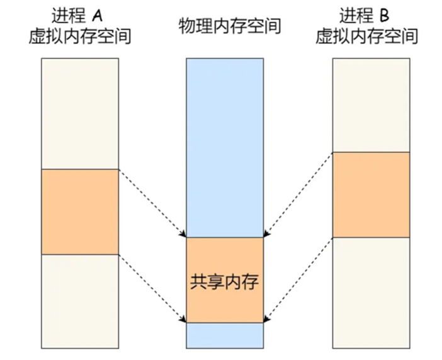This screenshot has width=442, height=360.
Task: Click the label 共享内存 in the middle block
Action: click(x=225, y=281)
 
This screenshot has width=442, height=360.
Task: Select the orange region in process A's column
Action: click(x=80, y=211)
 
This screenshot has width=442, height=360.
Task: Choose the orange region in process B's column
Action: click(x=371, y=194)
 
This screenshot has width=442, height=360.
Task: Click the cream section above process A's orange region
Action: click(x=80, y=113)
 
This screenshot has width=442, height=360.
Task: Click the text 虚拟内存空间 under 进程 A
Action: click(x=80, y=37)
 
